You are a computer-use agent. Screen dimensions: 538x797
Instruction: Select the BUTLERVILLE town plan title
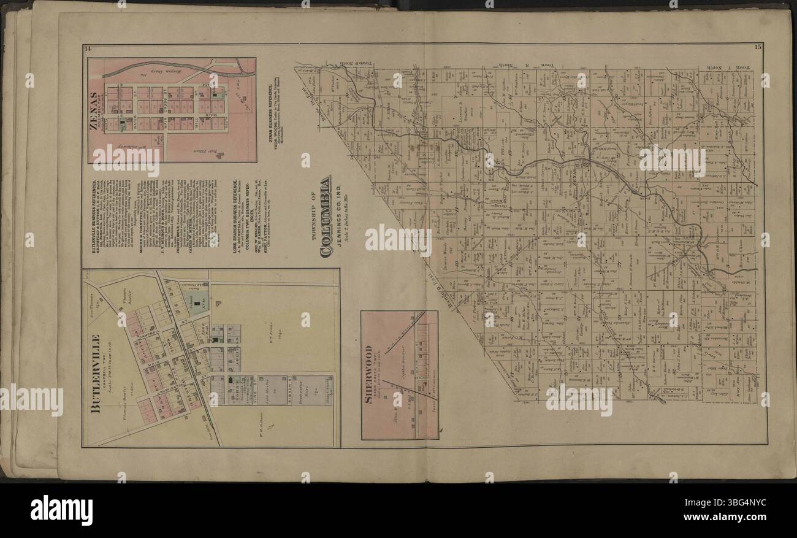96,374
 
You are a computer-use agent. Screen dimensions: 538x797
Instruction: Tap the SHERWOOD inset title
369,375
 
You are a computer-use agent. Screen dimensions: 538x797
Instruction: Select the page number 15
760,48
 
